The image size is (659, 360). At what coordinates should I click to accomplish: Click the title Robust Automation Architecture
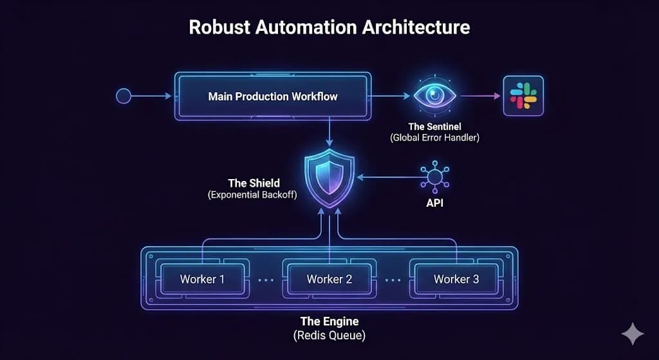329,28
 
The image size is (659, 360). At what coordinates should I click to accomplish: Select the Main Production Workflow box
273,97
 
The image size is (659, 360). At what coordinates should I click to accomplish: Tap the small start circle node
123,97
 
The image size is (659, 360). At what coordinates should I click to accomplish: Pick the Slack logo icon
523,96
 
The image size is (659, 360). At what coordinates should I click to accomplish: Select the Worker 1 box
202,279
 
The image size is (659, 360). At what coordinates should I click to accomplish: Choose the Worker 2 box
329,279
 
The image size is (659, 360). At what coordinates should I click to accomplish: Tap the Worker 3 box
456,279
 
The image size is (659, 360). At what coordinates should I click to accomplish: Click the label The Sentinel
434,126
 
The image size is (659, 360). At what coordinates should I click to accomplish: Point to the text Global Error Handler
434,138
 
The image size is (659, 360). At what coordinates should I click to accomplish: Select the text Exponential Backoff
252,194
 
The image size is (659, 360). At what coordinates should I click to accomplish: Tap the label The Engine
329,321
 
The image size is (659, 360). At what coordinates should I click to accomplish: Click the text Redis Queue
329,334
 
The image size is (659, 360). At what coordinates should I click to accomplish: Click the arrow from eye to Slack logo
479,97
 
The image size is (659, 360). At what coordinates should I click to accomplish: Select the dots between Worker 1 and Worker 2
266,280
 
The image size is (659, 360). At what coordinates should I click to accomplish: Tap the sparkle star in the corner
632,334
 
